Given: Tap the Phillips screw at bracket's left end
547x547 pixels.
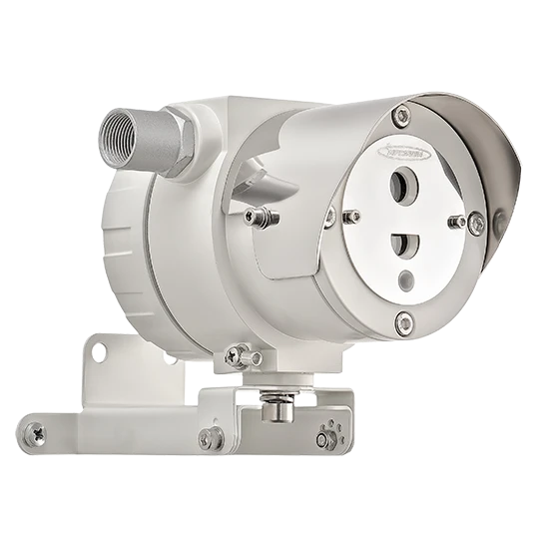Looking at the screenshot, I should (37, 433).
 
